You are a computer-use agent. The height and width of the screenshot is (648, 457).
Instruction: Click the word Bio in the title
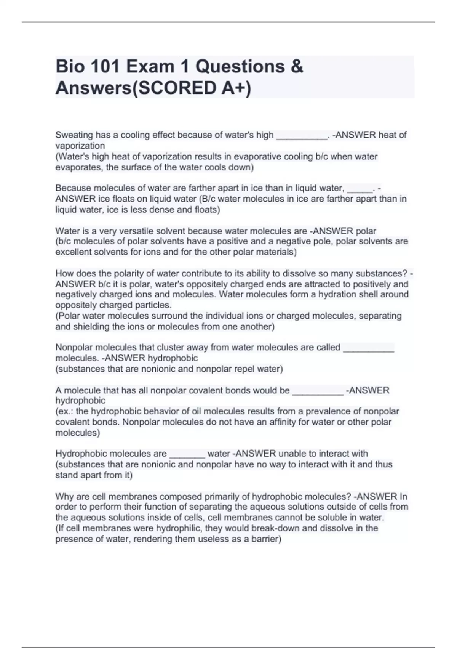[69, 67]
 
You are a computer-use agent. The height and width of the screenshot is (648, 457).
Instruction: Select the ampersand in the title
[296, 67]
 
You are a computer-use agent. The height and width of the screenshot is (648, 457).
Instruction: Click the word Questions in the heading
[240, 67]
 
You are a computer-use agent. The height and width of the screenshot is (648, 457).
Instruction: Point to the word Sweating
[74, 135]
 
